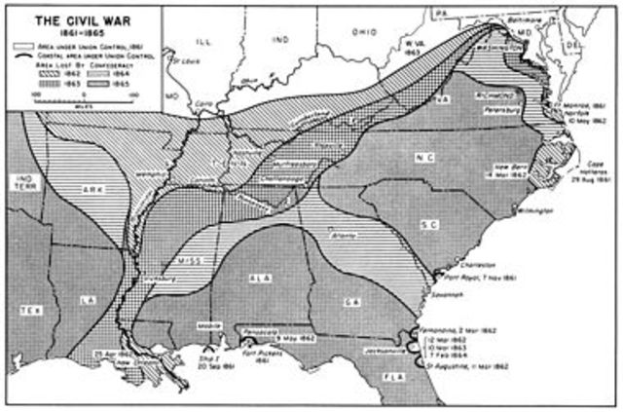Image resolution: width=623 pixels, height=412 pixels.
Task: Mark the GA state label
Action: (x=348, y=302)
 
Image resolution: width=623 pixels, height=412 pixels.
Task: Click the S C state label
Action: (x=426, y=225)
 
